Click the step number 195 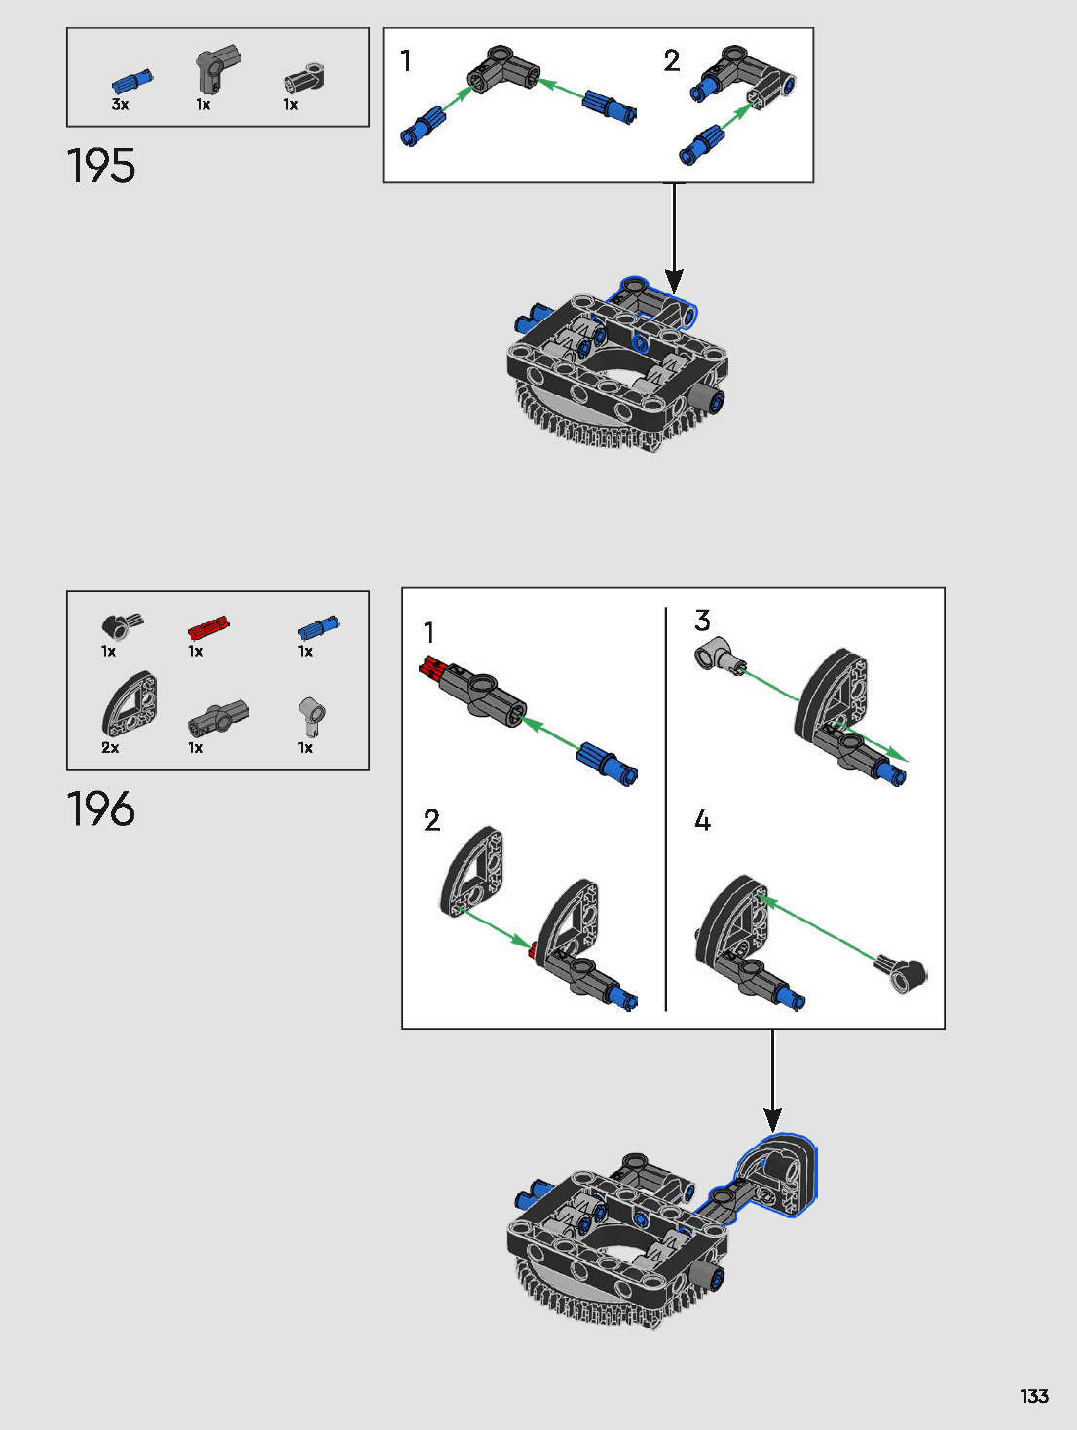click(x=101, y=167)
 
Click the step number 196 click(x=101, y=809)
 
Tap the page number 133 click(x=1034, y=1396)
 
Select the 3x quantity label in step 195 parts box click(x=120, y=104)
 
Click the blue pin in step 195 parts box click(x=131, y=81)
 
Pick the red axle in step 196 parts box click(x=208, y=627)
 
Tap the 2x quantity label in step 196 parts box click(x=110, y=747)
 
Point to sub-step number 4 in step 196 click(x=702, y=821)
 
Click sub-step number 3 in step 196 click(x=702, y=621)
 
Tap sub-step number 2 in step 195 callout click(x=672, y=61)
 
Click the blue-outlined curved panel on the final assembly click(x=779, y=1173)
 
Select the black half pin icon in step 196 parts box click(x=121, y=625)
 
